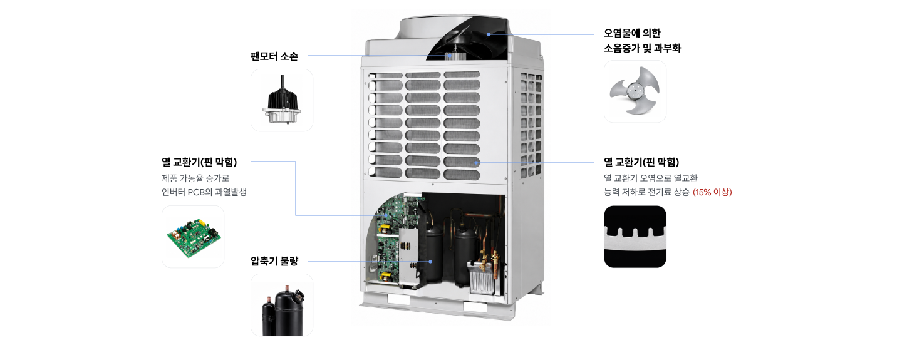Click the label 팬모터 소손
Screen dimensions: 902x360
tap(274, 56)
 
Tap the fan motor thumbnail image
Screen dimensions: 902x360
tap(282, 100)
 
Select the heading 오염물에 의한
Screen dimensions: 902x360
tap(632, 33)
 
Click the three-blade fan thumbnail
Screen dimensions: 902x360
tap(635, 91)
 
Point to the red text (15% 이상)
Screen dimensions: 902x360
tap(712, 192)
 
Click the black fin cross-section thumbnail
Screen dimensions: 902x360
tap(635, 237)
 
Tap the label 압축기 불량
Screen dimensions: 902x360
tap(274, 261)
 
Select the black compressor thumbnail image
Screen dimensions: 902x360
tap(282, 306)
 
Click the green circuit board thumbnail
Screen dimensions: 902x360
tap(193, 237)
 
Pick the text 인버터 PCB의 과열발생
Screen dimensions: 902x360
tap(204, 192)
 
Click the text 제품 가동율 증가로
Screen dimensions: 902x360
tap(195, 178)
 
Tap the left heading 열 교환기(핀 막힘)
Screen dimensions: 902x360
tap(199, 162)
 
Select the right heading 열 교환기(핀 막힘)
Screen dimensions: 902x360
tap(641, 162)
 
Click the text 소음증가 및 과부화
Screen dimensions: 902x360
tap(642, 48)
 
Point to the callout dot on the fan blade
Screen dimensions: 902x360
tap(489, 34)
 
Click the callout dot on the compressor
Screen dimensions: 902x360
tap(430, 262)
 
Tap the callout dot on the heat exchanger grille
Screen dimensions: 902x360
tap(476, 163)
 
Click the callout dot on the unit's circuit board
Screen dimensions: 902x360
tap(386, 215)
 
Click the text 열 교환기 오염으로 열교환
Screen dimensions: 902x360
tap(651, 178)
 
